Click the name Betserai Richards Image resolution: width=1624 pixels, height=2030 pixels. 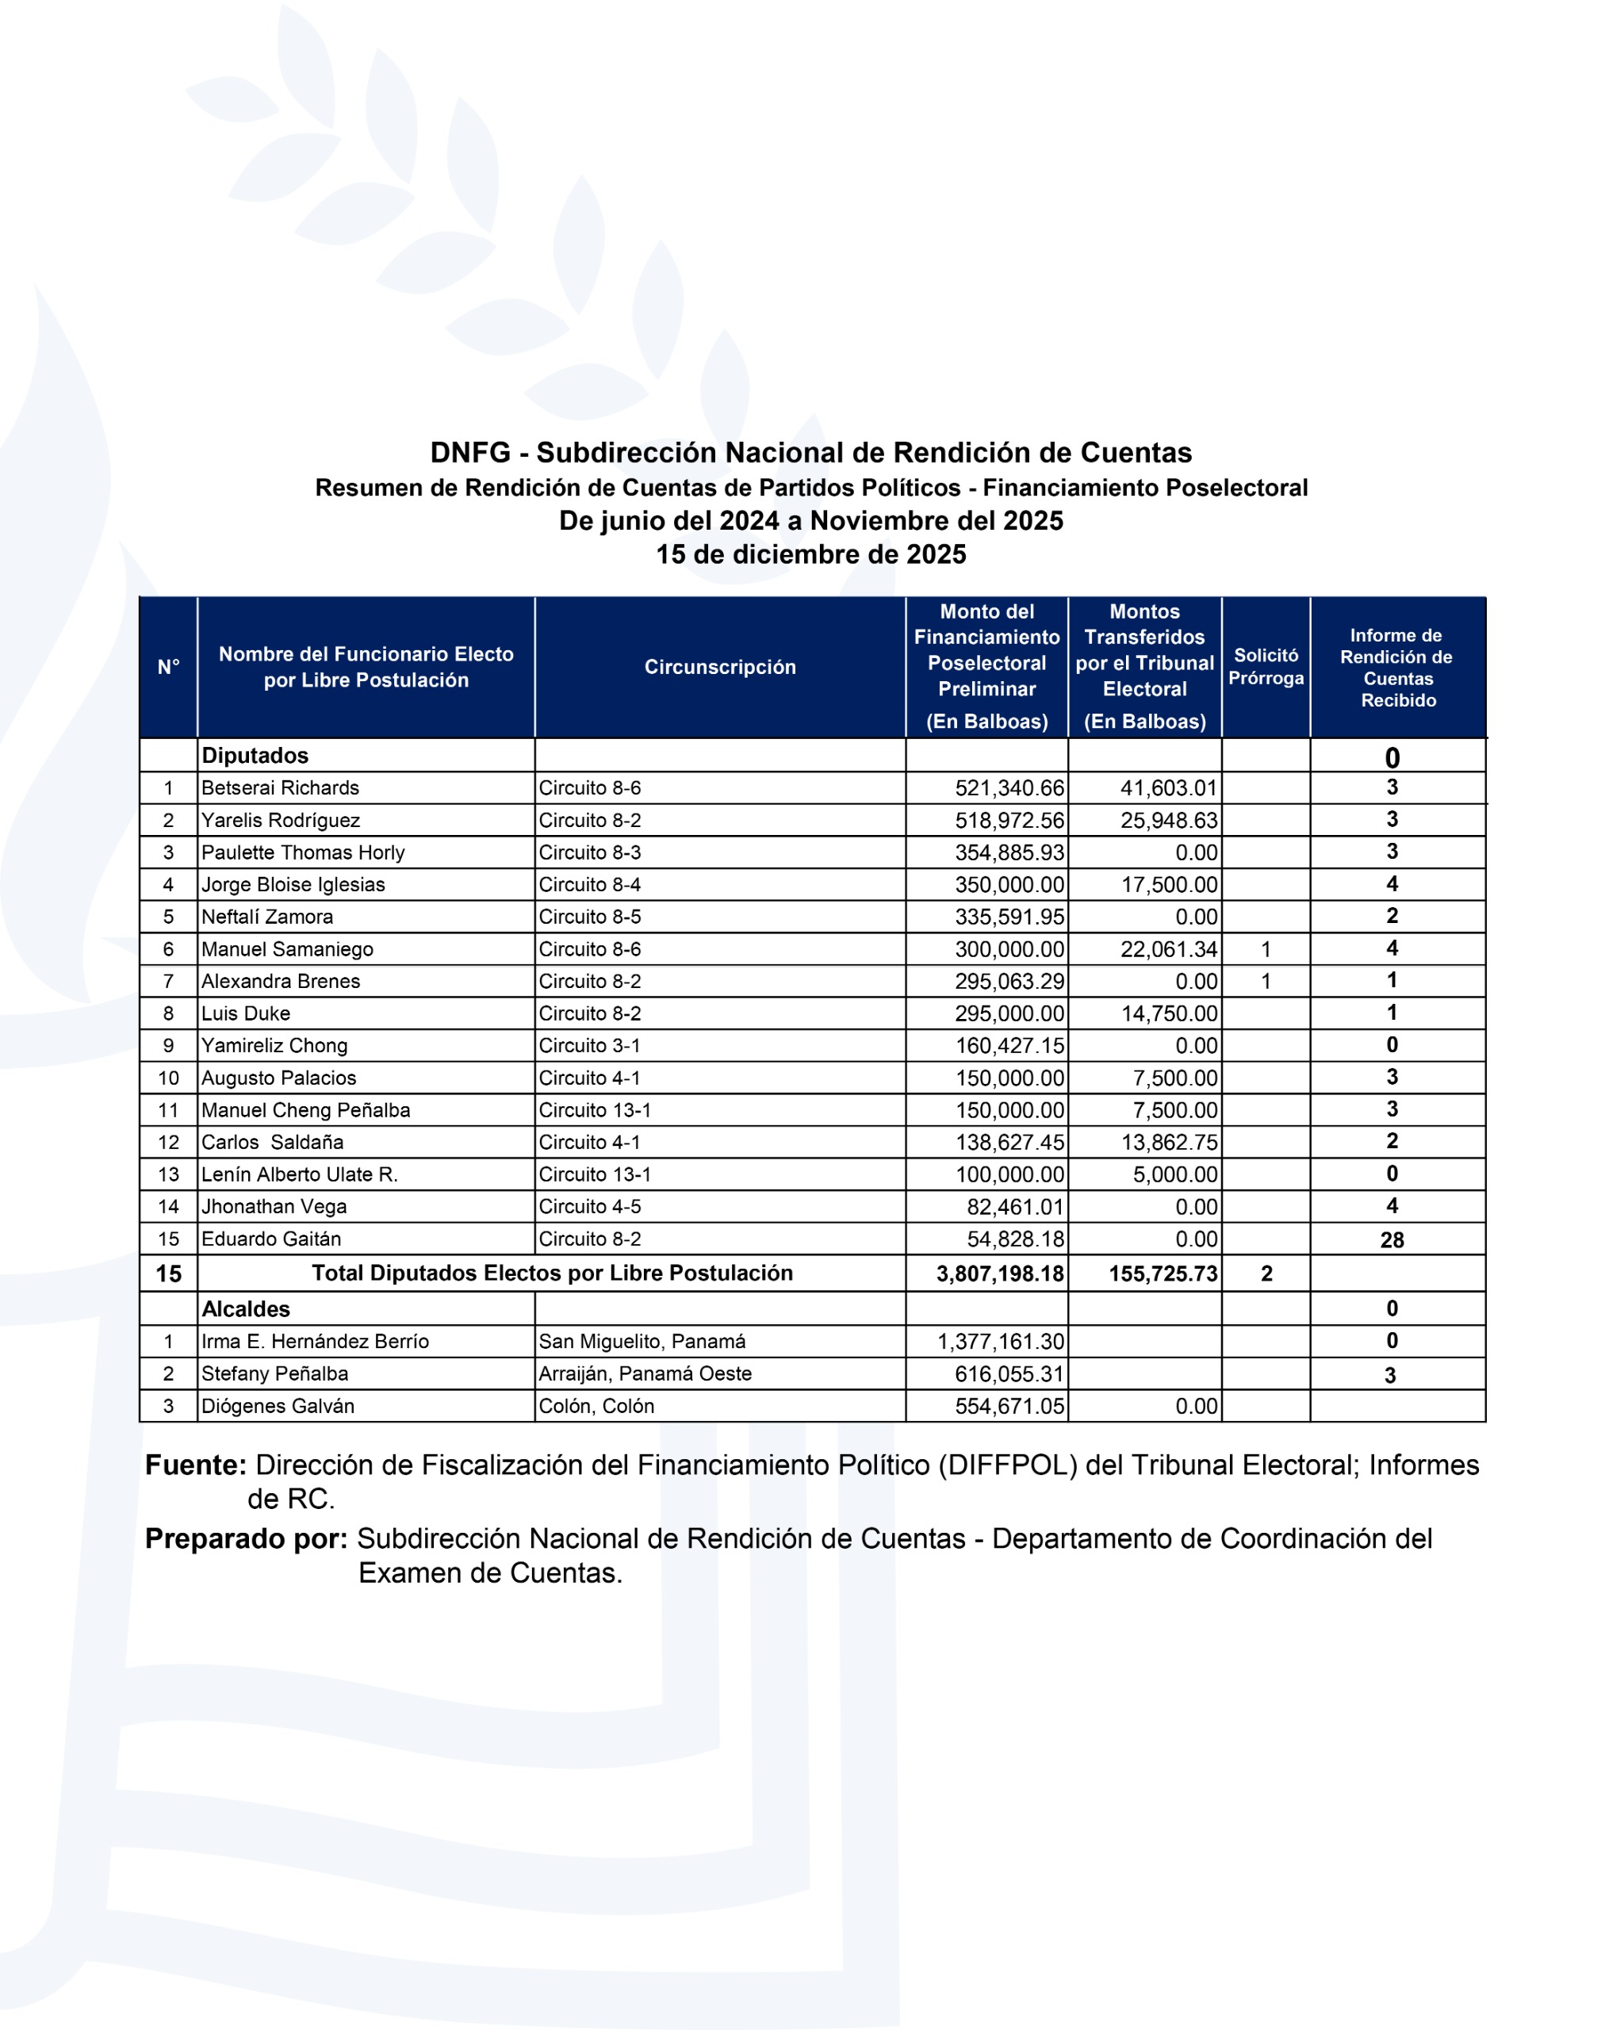tap(280, 788)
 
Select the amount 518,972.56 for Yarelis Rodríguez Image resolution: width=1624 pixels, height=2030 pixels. tap(1009, 820)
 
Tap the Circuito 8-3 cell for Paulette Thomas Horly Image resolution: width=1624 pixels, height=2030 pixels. tap(589, 852)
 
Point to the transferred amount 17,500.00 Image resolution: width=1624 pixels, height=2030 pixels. tap(1168, 884)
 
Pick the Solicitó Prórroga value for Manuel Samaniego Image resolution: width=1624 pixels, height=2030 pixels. tap(1266, 949)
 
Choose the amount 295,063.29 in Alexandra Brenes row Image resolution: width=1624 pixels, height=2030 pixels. tap(1009, 981)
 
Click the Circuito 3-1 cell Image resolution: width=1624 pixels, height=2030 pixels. tap(589, 1045)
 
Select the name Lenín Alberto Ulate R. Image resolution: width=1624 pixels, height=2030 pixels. tap(300, 1174)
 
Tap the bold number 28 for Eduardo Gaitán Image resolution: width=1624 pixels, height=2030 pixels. tap(1392, 1240)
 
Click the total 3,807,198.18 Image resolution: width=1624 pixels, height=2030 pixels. tap(1000, 1274)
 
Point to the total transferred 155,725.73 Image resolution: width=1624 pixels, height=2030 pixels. tap(1162, 1274)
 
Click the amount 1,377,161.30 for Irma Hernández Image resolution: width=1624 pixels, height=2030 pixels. tap(1000, 1342)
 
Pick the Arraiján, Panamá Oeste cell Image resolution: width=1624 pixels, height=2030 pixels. tap(645, 1373)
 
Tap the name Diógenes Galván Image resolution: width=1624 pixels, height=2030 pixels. tap(278, 1406)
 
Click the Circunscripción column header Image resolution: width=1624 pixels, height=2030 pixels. tap(720, 667)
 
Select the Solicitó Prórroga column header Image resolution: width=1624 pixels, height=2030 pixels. tap(1266, 667)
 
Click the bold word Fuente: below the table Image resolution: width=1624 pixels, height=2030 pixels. tap(196, 1465)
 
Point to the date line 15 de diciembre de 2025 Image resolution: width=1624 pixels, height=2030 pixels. tap(810, 554)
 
